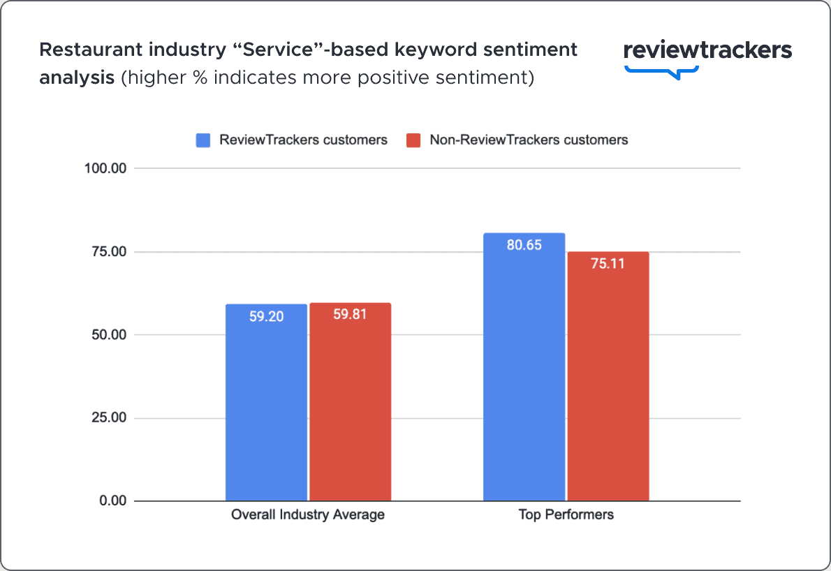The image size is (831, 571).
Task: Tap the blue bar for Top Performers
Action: tap(524, 377)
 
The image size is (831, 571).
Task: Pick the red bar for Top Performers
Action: tap(608, 384)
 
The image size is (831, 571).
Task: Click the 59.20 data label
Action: tap(266, 316)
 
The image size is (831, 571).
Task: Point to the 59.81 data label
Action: tap(350, 315)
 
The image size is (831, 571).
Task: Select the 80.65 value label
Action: tap(524, 246)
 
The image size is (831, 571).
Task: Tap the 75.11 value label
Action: tap(608, 264)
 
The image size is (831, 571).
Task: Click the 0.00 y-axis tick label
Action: tap(114, 501)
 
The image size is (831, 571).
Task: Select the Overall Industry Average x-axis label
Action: tap(308, 515)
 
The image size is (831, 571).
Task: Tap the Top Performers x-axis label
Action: tap(566, 515)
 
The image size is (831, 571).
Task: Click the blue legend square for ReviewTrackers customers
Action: tap(203, 140)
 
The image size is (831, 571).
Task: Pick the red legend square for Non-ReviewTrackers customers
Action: tap(413, 140)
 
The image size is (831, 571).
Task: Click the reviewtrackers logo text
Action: tap(707, 50)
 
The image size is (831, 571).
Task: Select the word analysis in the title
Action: tap(77, 77)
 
